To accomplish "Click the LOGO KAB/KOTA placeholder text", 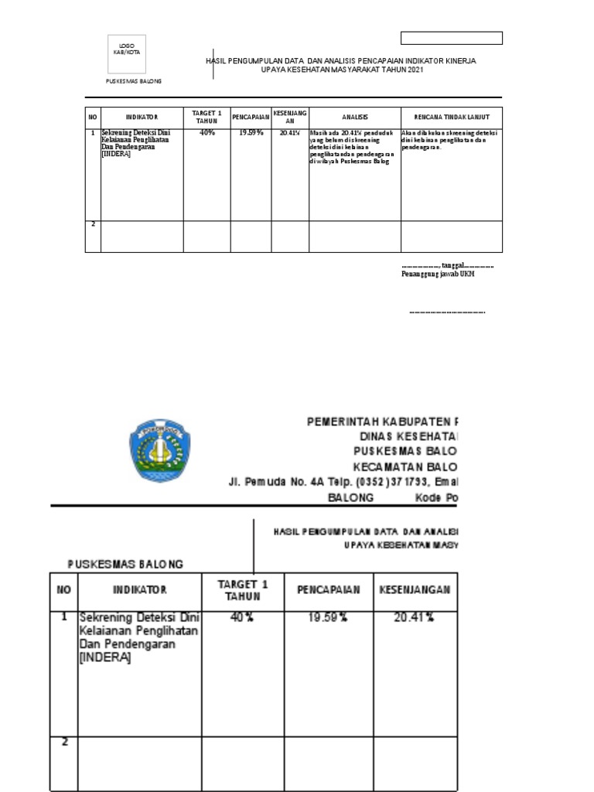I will point(127,49).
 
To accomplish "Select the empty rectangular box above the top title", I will point(452,38).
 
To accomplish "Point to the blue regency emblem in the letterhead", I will point(158,450).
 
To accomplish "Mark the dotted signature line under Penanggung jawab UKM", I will point(446,312).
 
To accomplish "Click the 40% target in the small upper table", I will point(207,133).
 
